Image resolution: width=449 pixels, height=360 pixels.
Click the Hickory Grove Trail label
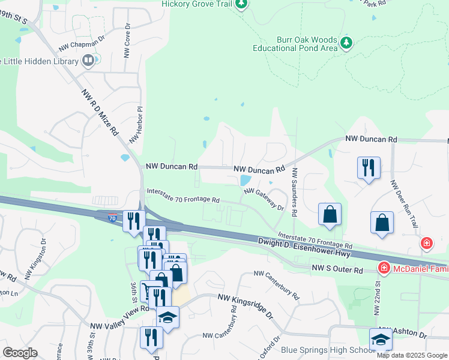click(x=196, y=4)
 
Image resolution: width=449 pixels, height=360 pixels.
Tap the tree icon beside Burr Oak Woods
click(x=346, y=43)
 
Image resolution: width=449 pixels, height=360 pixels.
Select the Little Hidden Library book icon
click(x=88, y=60)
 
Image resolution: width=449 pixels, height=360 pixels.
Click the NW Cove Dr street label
click(x=127, y=41)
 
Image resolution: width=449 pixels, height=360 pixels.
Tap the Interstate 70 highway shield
click(x=113, y=219)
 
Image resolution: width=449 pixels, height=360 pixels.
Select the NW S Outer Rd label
click(x=338, y=270)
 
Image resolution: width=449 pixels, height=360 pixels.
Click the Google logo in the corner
click(x=20, y=353)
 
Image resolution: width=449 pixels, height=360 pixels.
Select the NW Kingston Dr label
click(x=35, y=263)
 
